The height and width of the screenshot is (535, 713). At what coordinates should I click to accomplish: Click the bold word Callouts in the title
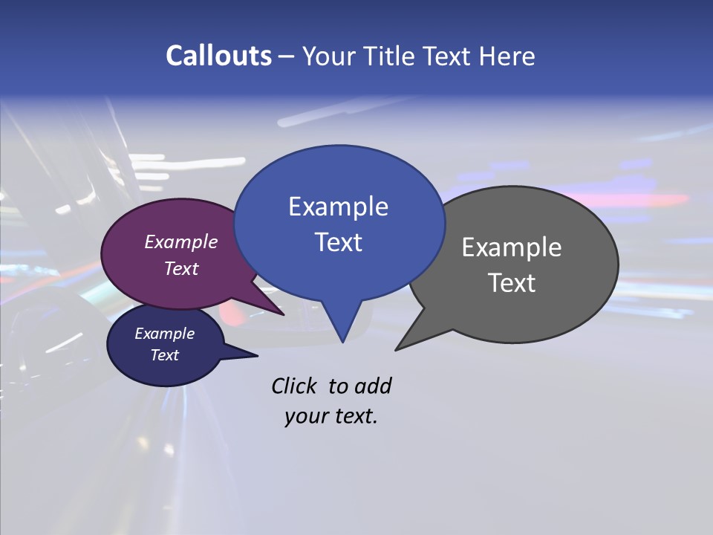click(x=218, y=56)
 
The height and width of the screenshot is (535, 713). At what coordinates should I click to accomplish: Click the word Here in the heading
click(x=507, y=56)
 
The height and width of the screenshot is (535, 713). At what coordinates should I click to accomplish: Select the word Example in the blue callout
click(x=338, y=207)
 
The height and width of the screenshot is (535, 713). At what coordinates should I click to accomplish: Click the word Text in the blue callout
click(x=338, y=242)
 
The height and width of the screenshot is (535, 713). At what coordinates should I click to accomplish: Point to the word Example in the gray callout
click(x=512, y=247)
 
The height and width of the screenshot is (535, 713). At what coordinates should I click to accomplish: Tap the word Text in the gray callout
click(x=512, y=282)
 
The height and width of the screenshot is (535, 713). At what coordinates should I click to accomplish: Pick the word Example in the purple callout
click(x=181, y=241)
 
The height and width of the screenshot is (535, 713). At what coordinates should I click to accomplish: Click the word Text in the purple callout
click(x=181, y=268)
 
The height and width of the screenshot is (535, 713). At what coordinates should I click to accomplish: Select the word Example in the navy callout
click(x=165, y=334)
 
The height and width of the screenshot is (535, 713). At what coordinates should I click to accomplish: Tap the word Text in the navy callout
click(x=165, y=355)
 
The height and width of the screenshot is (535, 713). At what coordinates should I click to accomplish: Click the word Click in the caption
click(x=294, y=386)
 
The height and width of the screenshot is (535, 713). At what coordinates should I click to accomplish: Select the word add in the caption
click(x=373, y=386)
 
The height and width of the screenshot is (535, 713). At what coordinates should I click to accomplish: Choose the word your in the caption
click(x=305, y=417)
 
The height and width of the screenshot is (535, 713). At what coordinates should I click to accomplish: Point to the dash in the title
click(x=287, y=56)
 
